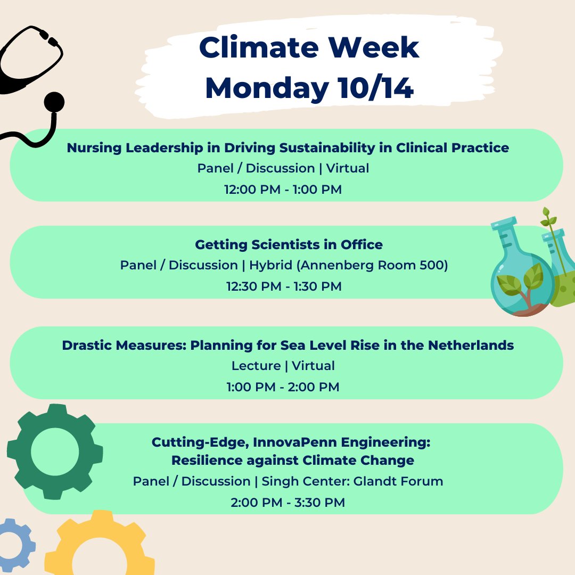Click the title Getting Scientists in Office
(289, 245)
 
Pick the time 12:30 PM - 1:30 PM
(283, 286)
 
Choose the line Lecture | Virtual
(283, 366)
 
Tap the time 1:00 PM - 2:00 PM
(283, 387)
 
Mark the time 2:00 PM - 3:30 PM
(287, 502)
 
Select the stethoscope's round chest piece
(54, 102)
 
